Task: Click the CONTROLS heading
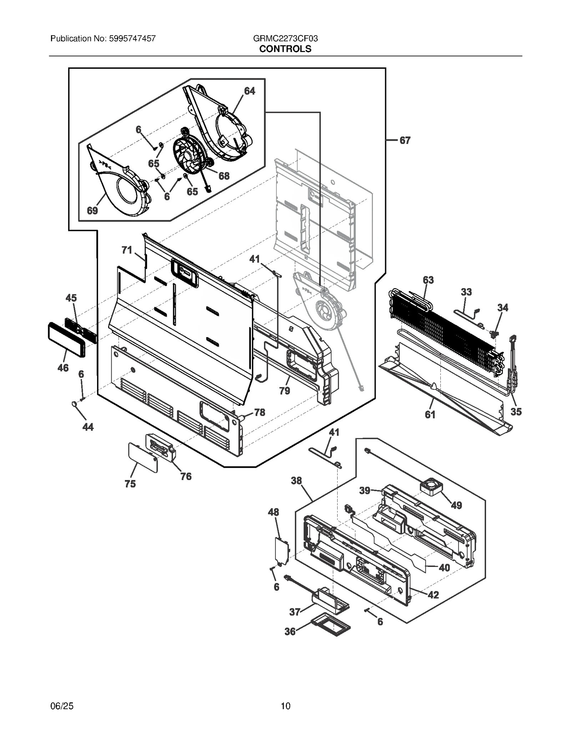pos(285,49)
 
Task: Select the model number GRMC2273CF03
pos(285,38)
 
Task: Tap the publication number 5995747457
pos(131,38)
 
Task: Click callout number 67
pos(405,140)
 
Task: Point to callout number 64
pos(249,91)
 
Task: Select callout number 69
pos(92,211)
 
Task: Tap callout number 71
pos(127,250)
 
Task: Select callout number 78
pos(259,412)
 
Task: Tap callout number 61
pos(430,414)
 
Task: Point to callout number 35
pos(516,412)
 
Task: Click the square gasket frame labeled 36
pos(331,624)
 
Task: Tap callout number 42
pos(433,595)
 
